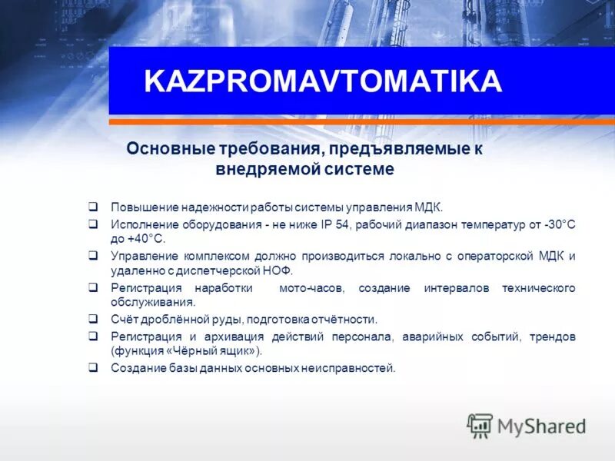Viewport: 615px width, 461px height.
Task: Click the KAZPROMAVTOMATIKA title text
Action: (x=323, y=81)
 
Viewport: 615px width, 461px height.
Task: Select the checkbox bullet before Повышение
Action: (x=92, y=207)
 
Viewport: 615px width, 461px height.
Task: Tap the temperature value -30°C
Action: (x=559, y=224)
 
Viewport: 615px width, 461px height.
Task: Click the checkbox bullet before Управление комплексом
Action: (x=92, y=256)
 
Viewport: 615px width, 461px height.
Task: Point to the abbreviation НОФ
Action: (x=278, y=271)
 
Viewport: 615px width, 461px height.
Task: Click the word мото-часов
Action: (x=307, y=287)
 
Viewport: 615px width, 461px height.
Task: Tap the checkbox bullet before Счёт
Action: (x=92, y=319)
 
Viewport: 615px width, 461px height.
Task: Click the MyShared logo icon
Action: (x=480, y=425)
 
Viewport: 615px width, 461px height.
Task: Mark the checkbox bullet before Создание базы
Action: (x=92, y=368)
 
